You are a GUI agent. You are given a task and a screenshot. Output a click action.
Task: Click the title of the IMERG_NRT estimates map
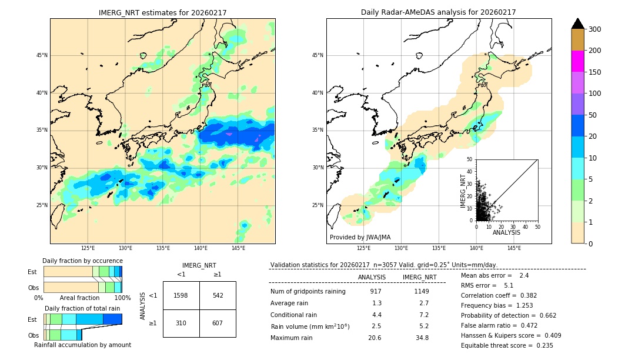pos(162,12)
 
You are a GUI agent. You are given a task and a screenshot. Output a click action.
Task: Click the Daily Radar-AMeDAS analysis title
pos(438,12)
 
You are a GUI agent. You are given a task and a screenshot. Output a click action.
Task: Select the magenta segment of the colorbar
pos(577,61)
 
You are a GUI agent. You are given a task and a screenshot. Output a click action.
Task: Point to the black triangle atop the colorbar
pos(577,24)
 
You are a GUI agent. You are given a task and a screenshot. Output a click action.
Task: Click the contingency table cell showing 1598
pos(181,295)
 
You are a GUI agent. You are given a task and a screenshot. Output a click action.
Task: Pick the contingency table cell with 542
pos(218,295)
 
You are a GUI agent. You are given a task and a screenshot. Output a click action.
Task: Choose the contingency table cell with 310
pos(181,323)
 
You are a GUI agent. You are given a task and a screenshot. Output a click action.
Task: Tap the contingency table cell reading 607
pos(218,323)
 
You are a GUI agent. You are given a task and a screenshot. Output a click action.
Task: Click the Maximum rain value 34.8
pos(422,338)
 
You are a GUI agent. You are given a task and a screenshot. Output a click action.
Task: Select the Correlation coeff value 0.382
pos(524,295)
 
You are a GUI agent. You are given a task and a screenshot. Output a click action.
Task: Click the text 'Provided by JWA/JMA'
pos(360,238)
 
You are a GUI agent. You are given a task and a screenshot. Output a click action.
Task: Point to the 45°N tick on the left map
pos(42,55)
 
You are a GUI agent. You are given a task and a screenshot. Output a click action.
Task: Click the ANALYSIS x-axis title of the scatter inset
pos(506,232)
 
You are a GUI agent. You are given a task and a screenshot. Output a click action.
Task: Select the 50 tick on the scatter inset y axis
pos(470,159)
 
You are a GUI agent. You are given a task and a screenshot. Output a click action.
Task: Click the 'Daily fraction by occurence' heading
pos(82,261)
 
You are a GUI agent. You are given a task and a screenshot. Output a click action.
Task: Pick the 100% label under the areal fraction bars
pos(122,298)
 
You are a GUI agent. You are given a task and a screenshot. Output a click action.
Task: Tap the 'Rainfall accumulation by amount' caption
pos(82,345)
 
